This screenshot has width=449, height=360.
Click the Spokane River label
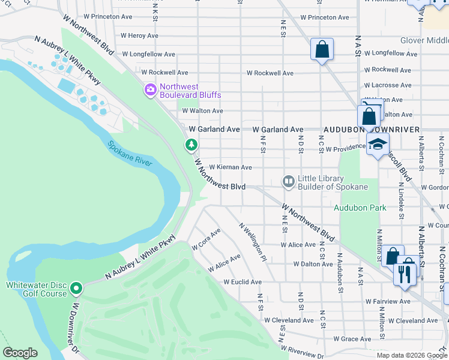130,154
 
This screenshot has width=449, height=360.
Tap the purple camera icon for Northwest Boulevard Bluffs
150,91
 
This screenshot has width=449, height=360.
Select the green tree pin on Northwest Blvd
191,145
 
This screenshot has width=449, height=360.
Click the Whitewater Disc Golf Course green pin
76,289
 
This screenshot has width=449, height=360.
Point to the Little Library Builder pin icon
289,181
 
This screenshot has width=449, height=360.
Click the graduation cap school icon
378,145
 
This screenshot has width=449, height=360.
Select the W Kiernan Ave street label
230,167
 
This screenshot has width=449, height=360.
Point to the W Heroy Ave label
139,36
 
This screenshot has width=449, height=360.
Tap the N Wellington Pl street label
252,242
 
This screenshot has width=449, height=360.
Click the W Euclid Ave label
243,282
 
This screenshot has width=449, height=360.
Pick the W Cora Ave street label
206,239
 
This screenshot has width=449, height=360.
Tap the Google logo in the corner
20,353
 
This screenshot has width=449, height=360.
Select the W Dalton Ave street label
313,264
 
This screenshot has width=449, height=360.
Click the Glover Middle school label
424,41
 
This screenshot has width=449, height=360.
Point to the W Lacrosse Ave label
388,85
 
